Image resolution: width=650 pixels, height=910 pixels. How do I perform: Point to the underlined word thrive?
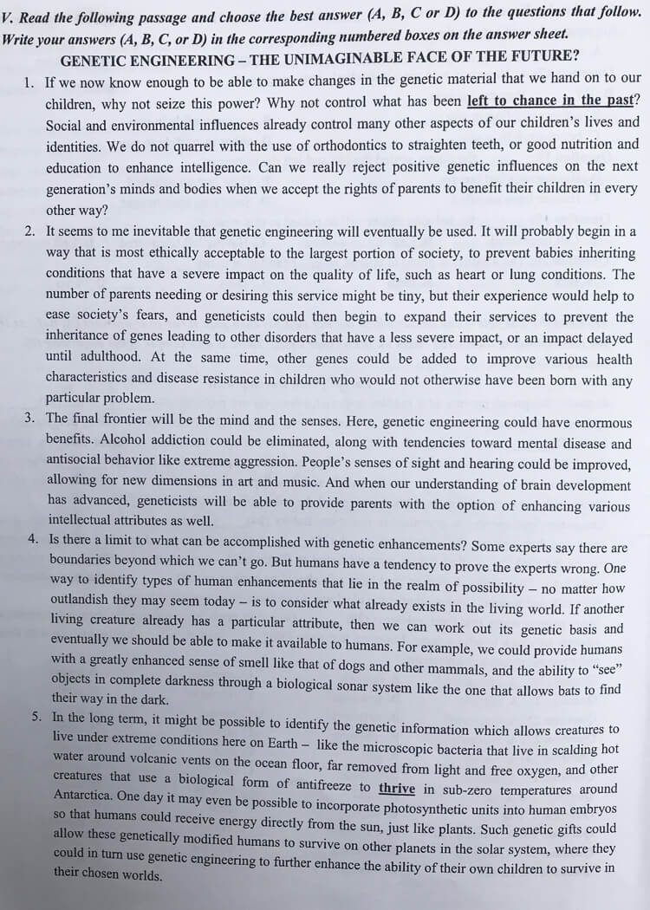[x=397, y=789]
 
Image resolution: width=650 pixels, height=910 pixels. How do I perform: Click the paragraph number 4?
[x=32, y=537]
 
